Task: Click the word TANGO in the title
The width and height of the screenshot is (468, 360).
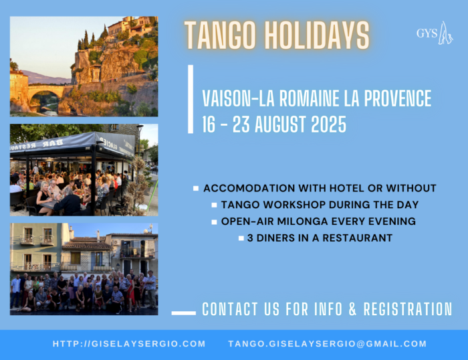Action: coord(220,35)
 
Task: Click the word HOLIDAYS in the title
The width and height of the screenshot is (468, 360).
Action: coord(318,35)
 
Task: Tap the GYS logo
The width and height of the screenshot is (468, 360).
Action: coord(435,33)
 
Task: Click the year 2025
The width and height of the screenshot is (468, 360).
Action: coord(329,124)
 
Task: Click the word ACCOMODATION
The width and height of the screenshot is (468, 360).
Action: coord(249,188)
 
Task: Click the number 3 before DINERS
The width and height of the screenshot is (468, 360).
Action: coord(250,238)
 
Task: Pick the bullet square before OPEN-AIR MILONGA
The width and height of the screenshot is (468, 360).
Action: coord(214,222)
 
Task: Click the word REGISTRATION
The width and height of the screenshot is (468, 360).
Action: coord(408,309)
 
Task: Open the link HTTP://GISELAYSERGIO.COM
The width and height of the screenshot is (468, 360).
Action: coord(129,343)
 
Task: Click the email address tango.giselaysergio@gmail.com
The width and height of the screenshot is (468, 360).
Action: coord(328,343)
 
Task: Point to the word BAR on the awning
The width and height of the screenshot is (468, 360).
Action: coord(53,143)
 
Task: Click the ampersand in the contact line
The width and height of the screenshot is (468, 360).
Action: coord(352,309)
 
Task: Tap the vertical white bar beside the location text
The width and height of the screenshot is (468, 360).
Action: coord(191,99)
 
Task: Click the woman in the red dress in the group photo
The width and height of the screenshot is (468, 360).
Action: coord(130,294)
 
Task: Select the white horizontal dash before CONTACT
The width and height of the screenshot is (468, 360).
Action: coord(184,313)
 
